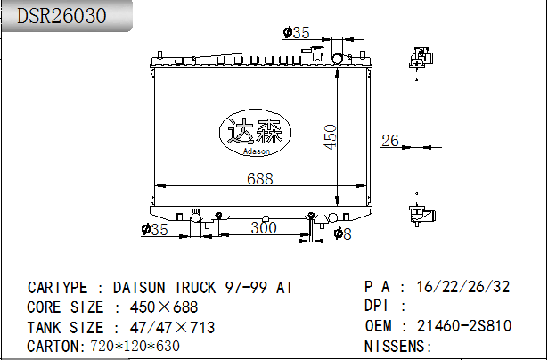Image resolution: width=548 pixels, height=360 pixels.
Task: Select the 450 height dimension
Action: tap(329, 136)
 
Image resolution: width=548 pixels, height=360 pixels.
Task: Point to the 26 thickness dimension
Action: tap(390, 140)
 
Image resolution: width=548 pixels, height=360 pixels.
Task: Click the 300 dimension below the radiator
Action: tap(263, 228)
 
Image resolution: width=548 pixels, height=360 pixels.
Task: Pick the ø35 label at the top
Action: tap(296, 33)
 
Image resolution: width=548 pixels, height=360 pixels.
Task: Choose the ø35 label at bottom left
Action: tap(155, 231)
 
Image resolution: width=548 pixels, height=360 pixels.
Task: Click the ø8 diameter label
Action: tap(343, 233)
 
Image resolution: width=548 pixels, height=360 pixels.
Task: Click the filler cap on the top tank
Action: tap(338, 58)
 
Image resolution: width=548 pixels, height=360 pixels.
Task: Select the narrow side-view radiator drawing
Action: tap(417, 134)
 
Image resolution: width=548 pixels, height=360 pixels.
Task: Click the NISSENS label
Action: tap(394, 346)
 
